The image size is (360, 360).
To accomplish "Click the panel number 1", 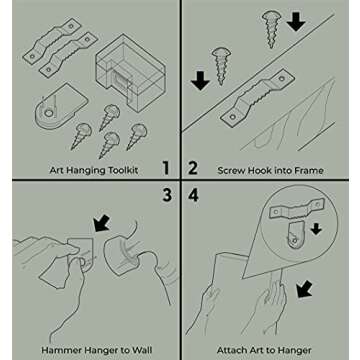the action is coord(166,168).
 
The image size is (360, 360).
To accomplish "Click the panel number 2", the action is coord(193,168).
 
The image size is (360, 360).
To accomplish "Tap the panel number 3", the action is coord(167,195).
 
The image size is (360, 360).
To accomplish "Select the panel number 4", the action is coord(193,195).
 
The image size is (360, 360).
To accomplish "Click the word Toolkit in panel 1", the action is coord(122,170).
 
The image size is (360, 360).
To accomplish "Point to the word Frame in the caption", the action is coord(309,171).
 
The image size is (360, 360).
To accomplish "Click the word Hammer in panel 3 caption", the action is coord(59,350).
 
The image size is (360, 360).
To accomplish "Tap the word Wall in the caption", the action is coord(142,350).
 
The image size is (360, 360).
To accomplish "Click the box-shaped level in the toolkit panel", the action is coord(130,72).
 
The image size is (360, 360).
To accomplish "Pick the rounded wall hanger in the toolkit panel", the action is coord(61,106).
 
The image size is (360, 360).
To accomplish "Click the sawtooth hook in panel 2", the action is coord(258,98).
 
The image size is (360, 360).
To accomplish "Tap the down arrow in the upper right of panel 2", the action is coord(296,21).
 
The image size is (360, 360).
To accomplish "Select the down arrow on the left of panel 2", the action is coord(200,80).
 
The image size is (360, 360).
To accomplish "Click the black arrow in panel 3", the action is coord(102,223).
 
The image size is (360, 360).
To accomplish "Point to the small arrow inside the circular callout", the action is coord(316,229).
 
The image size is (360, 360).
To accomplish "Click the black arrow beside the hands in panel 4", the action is coord(304,289).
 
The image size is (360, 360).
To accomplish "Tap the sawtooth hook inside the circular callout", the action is coord(297,209).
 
